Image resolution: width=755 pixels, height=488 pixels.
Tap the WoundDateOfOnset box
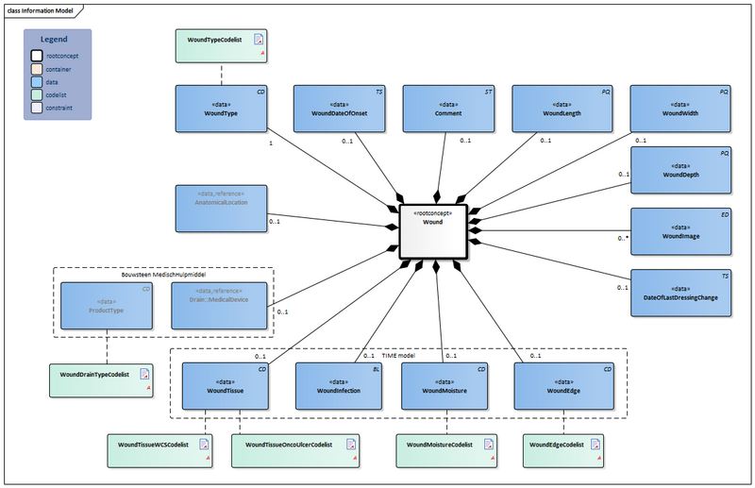tap(341, 109)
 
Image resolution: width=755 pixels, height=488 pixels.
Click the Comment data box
tap(449, 109)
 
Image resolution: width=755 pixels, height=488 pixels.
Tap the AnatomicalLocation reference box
tap(221, 209)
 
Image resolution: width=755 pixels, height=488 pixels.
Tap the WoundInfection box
tap(338, 386)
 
